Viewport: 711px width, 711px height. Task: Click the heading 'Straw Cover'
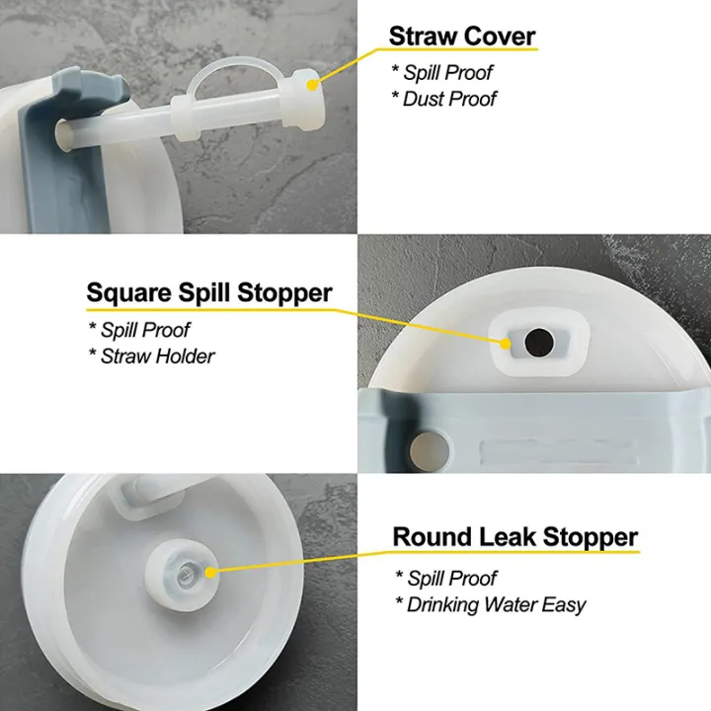[461, 37]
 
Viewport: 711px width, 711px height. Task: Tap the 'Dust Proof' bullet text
[449, 99]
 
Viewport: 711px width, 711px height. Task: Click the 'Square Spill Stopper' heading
[209, 293]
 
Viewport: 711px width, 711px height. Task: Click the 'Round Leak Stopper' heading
[515, 538]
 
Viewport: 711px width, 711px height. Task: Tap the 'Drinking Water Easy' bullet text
[490, 604]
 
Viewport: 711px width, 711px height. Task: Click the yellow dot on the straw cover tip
[313, 85]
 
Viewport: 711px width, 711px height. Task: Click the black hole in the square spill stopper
[539, 344]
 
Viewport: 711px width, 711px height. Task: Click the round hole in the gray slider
[432, 437]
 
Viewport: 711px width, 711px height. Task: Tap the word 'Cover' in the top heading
[499, 37]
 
